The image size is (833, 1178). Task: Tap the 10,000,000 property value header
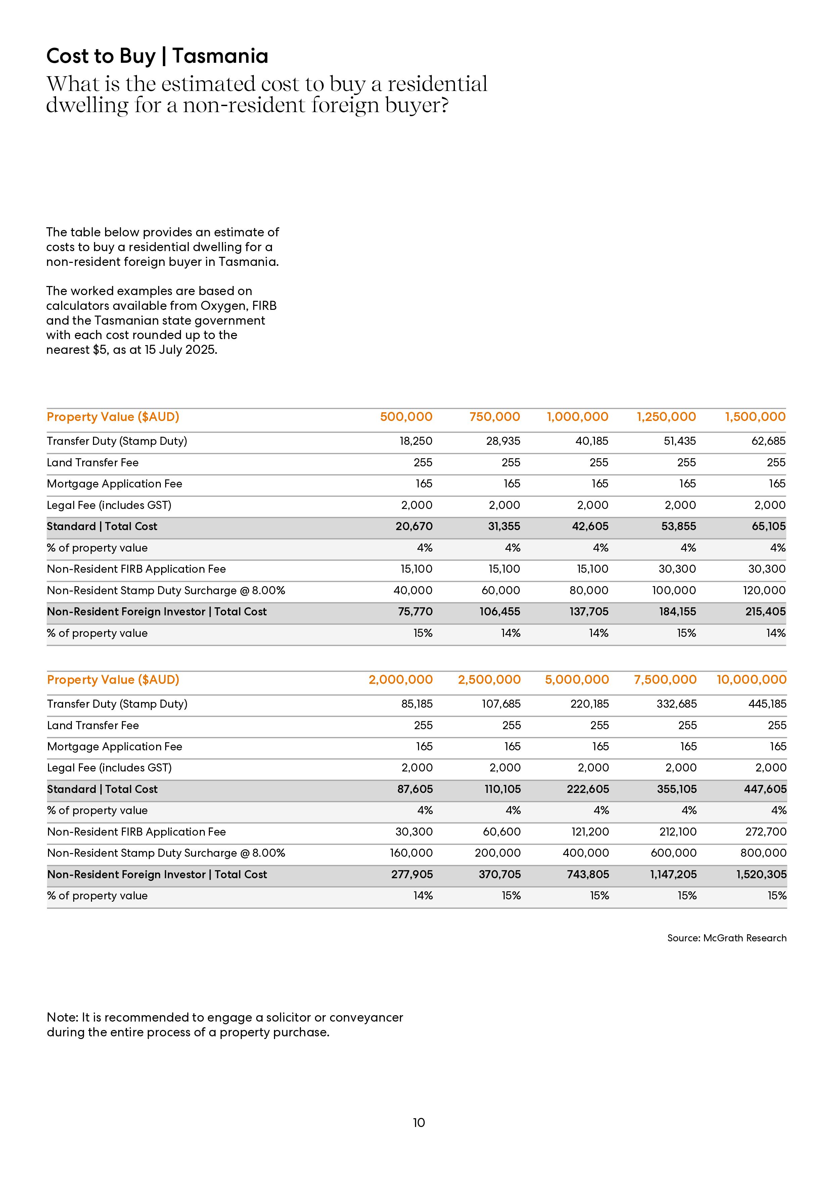pos(751,680)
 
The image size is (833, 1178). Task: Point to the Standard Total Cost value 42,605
pos(590,526)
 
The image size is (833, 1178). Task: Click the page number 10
pos(419,1123)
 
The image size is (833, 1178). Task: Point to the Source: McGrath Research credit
pos(727,938)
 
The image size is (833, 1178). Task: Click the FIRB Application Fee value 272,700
pos(766,832)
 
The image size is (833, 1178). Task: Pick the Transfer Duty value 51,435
pos(680,441)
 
